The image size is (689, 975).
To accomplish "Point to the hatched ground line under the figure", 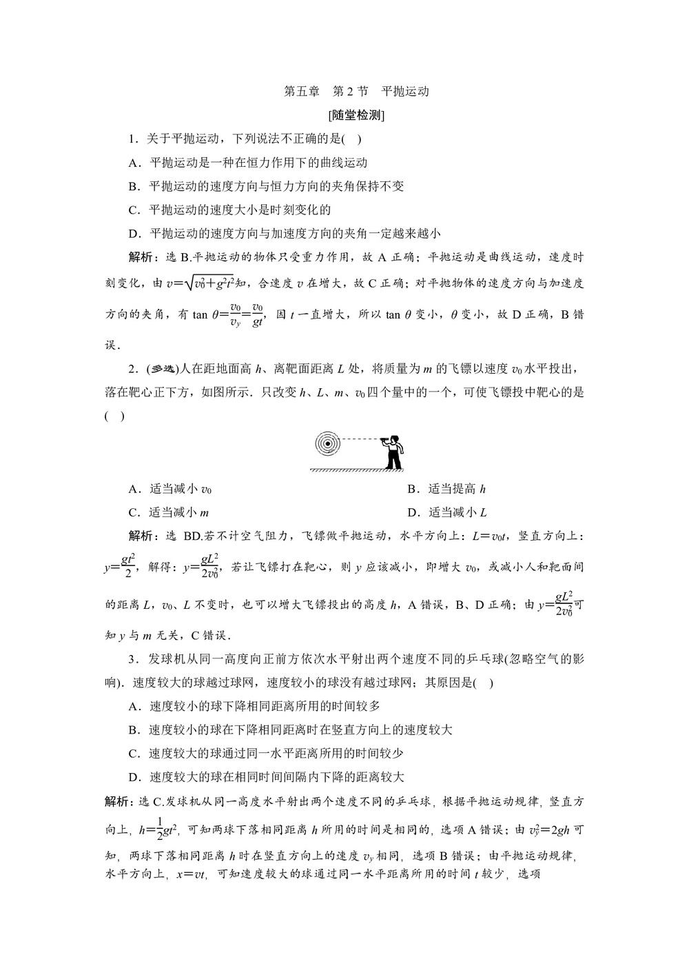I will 356,470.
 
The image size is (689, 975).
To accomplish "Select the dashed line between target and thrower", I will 358,438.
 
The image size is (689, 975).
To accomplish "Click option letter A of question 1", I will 134,163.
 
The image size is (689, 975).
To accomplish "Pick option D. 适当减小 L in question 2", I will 447,512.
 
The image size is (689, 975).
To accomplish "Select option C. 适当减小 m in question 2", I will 169,512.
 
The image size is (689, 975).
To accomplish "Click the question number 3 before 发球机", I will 132,659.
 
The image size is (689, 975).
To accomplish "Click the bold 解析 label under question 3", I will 117,801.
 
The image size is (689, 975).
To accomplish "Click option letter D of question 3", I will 134,776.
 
